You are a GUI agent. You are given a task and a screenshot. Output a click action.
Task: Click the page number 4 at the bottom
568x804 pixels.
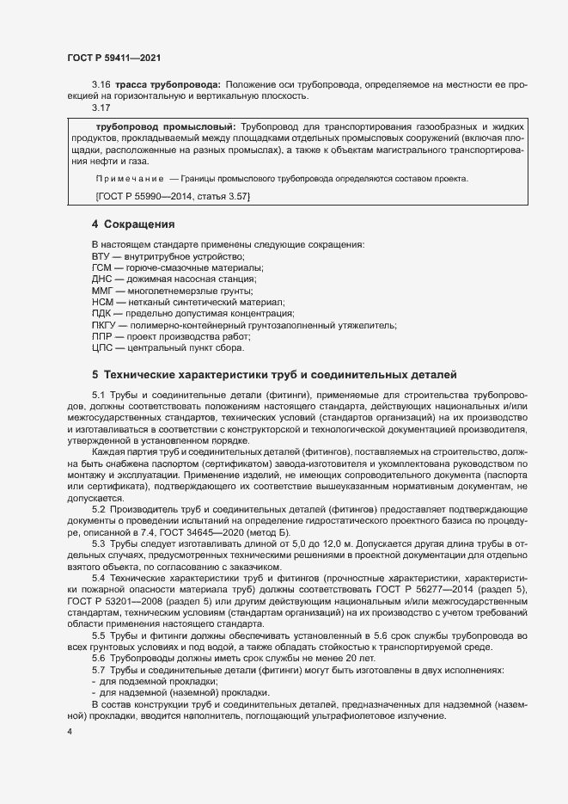pyautogui.click(x=70, y=731)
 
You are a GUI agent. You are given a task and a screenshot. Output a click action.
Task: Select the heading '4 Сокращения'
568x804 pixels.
pyautogui.click(x=133, y=224)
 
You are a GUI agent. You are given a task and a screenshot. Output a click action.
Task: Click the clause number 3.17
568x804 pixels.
pyautogui.click(x=100, y=107)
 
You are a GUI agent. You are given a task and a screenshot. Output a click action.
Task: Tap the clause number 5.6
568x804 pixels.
pyautogui.click(x=99, y=657)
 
